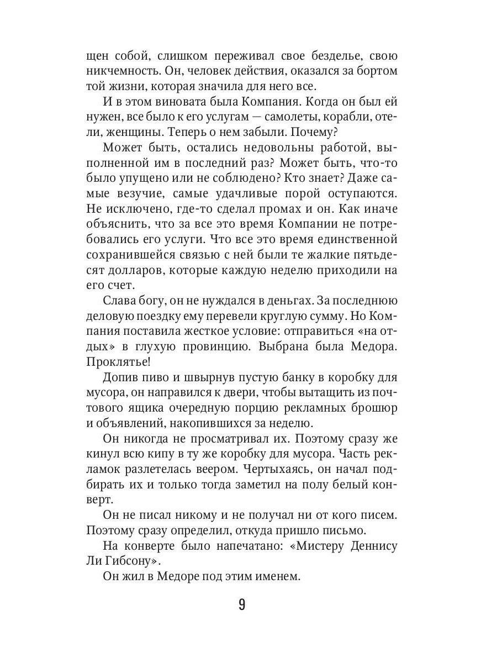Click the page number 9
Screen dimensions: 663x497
(241, 604)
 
